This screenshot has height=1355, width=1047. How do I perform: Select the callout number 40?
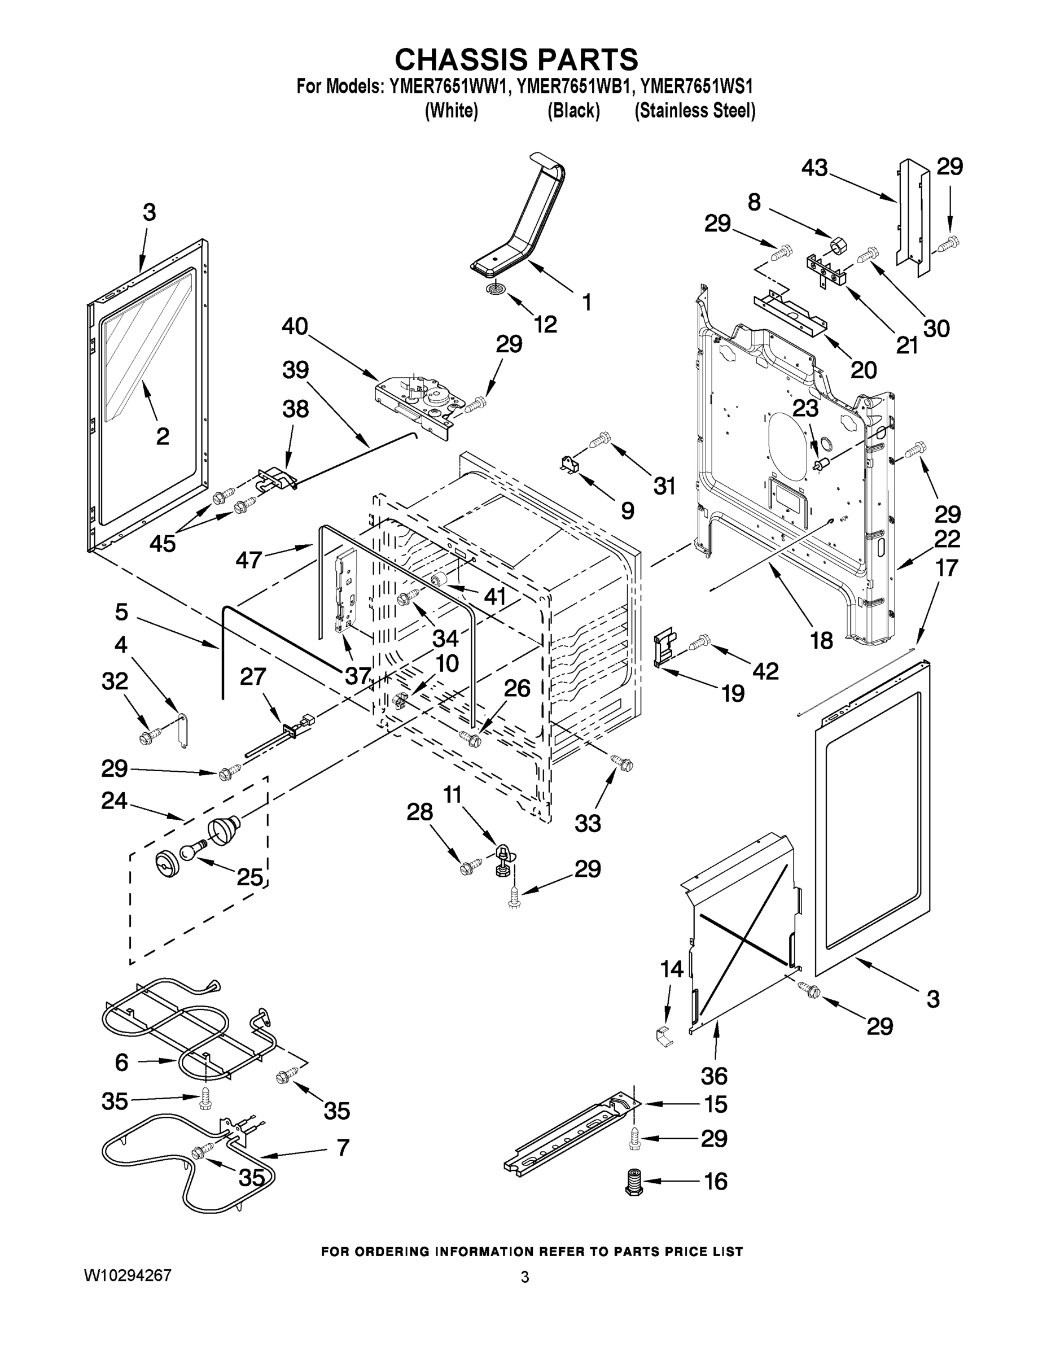point(295,326)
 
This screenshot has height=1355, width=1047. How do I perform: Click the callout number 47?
point(249,560)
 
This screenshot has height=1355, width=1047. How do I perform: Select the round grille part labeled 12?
point(494,289)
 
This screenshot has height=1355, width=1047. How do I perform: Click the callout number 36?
point(714,1075)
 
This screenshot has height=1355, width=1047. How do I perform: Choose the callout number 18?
point(822,640)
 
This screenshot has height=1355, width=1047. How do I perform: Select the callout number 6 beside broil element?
point(121,1062)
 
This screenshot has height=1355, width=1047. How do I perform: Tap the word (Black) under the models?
point(573,111)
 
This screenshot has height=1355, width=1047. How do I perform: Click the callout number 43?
point(814,168)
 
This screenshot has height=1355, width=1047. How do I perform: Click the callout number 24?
point(114,801)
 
